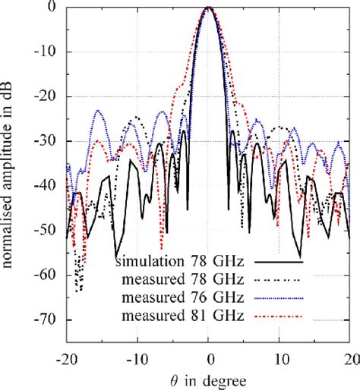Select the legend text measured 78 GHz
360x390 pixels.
click(x=186, y=279)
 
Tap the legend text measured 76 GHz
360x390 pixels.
click(x=186, y=297)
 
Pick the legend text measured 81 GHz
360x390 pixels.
click(x=186, y=315)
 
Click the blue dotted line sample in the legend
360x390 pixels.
click(x=278, y=297)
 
